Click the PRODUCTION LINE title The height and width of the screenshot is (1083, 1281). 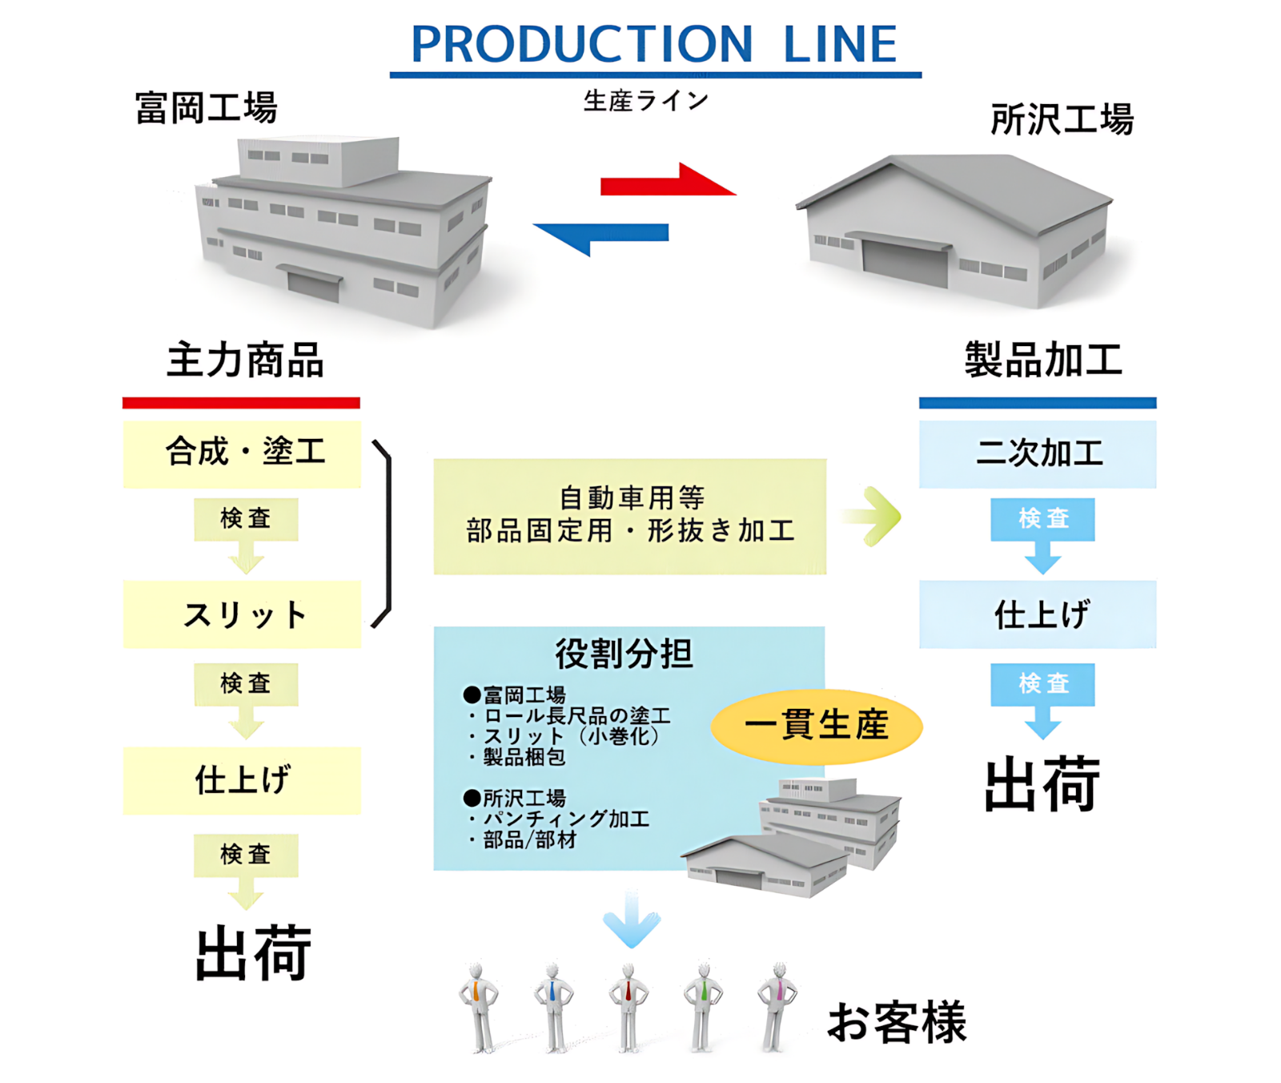[654, 44]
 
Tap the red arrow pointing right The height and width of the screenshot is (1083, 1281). [668, 181]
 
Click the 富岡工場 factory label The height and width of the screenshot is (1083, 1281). [206, 108]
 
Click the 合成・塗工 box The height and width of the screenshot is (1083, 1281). [242, 453]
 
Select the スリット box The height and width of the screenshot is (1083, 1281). [242, 614]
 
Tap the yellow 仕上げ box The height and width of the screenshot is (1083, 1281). [242, 780]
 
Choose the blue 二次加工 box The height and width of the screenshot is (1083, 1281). [1038, 453]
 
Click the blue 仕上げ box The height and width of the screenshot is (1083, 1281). [1038, 614]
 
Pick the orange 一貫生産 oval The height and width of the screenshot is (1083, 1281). [817, 726]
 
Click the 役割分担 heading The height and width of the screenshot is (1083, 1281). [624, 654]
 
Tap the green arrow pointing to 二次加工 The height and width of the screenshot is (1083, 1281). [872, 517]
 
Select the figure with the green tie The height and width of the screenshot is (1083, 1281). [703, 1007]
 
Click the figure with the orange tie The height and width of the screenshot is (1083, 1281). [479, 1007]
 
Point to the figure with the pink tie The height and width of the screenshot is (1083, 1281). [777, 1007]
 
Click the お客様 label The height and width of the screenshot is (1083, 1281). [897, 1022]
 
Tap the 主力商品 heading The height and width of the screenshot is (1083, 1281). [245, 360]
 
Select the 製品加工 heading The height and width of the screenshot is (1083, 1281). [1043, 360]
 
